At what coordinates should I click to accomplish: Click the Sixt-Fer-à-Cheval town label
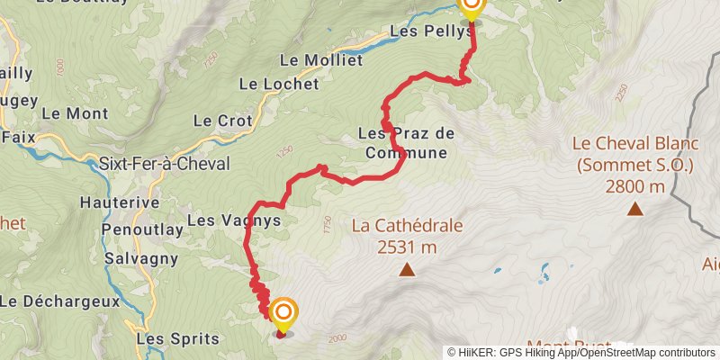click(x=165, y=164)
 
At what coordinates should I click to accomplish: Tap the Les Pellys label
click(x=431, y=31)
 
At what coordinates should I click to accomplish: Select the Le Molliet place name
click(x=321, y=60)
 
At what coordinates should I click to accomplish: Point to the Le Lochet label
click(x=279, y=84)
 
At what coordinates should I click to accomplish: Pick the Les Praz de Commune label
click(x=406, y=143)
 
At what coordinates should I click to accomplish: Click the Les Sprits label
click(x=177, y=339)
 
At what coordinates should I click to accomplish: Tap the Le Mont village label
click(x=75, y=114)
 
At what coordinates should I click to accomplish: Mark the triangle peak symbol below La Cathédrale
click(x=408, y=269)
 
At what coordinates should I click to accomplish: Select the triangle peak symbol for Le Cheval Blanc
click(x=634, y=210)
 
